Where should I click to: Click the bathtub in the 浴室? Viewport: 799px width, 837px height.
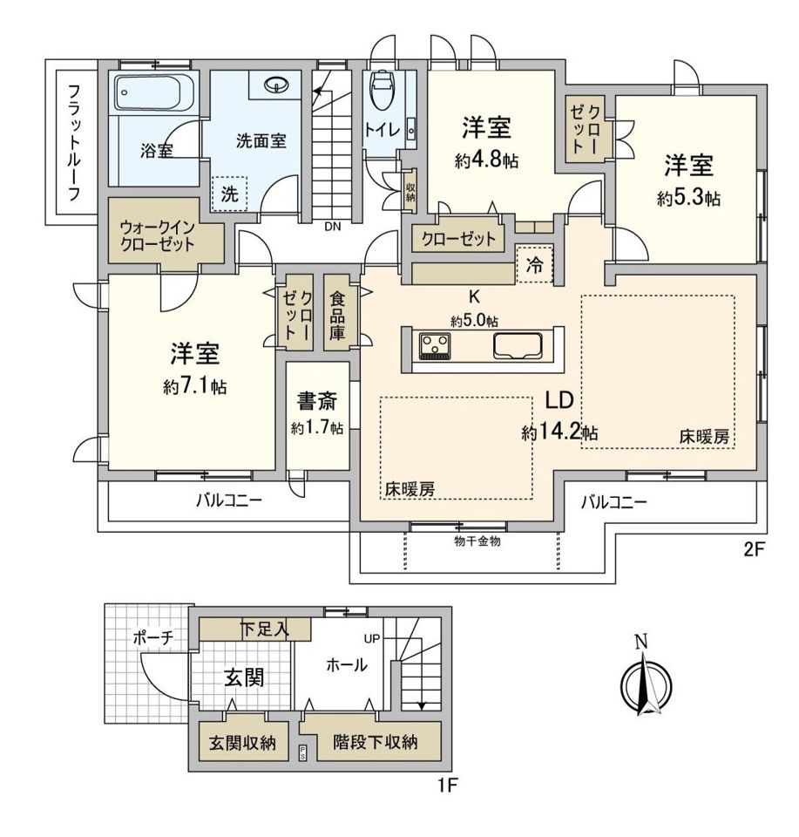click(x=155, y=92)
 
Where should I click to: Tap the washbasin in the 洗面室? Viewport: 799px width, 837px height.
click(x=276, y=85)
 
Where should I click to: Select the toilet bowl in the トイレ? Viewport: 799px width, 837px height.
click(x=382, y=91)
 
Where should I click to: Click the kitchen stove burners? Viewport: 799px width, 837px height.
click(x=435, y=345)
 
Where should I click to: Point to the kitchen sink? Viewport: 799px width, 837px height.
click(x=518, y=346)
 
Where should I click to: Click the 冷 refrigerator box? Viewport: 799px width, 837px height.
click(x=534, y=265)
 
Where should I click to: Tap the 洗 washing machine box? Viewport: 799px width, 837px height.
click(x=229, y=194)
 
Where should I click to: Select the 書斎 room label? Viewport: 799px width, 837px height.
click(x=317, y=401)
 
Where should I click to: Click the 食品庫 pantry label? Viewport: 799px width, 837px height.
click(x=336, y=316)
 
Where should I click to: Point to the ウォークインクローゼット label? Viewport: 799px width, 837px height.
click(x=158, y=236)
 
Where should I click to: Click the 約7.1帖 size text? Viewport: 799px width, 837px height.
click(x=195, y=386)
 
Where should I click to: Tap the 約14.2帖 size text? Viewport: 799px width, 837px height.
click(x=559, y=432)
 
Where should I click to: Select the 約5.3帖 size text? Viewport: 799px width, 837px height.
click(x=688, y=199)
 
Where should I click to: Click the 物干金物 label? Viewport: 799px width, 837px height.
click(x=477, y=541)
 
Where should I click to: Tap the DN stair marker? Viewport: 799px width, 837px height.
click(x=332, y=227)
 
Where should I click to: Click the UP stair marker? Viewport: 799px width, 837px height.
click(x=372, y=638)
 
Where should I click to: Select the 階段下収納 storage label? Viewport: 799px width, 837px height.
click(x=375, y=742)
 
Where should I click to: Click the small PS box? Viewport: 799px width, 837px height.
click(x=302, y=752)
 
